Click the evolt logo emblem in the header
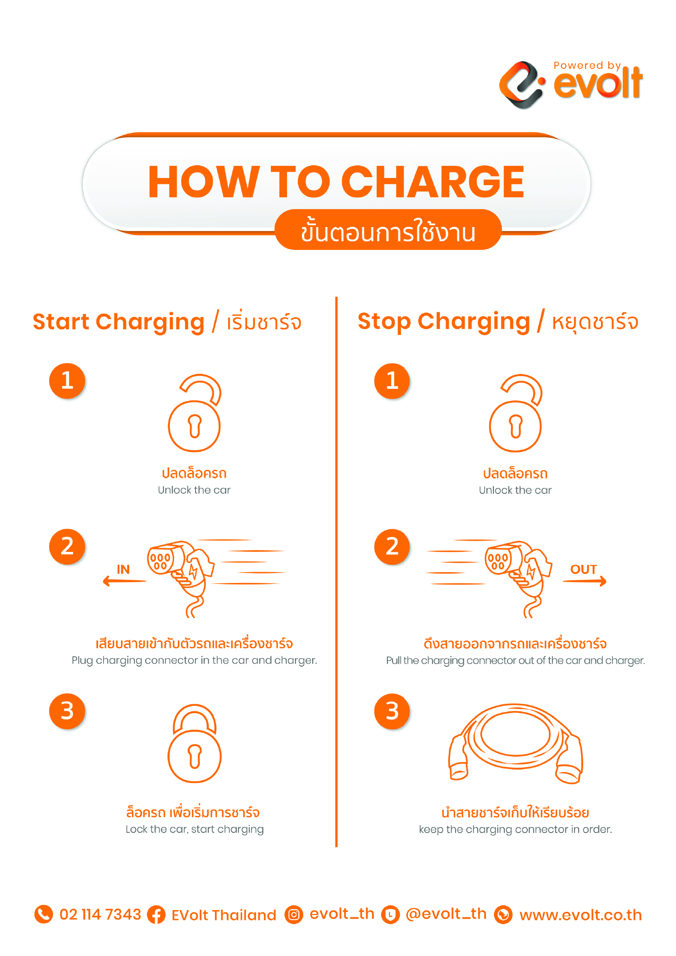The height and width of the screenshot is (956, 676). point(522,85)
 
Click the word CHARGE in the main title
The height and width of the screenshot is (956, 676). point(433,182)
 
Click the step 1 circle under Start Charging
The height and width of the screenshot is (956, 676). point(67,381)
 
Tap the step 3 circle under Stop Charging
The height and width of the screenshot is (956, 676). point(392,711)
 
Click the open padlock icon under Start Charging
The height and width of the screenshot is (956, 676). point(195,413)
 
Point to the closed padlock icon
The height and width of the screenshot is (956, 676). point(195,743)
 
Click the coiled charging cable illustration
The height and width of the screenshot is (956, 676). point(515,743)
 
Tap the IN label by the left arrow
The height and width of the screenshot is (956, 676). point(123,569)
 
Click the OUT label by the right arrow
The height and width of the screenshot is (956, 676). point(584,569)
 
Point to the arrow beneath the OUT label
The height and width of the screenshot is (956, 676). point(585,581)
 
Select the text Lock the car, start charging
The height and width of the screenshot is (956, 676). point(195,829)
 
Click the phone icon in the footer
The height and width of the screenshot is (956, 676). point(44,914)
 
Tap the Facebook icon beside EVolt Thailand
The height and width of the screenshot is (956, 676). point(156,915)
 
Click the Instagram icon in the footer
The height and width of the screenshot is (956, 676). point(294,915)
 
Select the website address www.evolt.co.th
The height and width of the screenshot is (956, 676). point(580,915)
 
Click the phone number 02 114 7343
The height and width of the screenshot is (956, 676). point(100,915)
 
